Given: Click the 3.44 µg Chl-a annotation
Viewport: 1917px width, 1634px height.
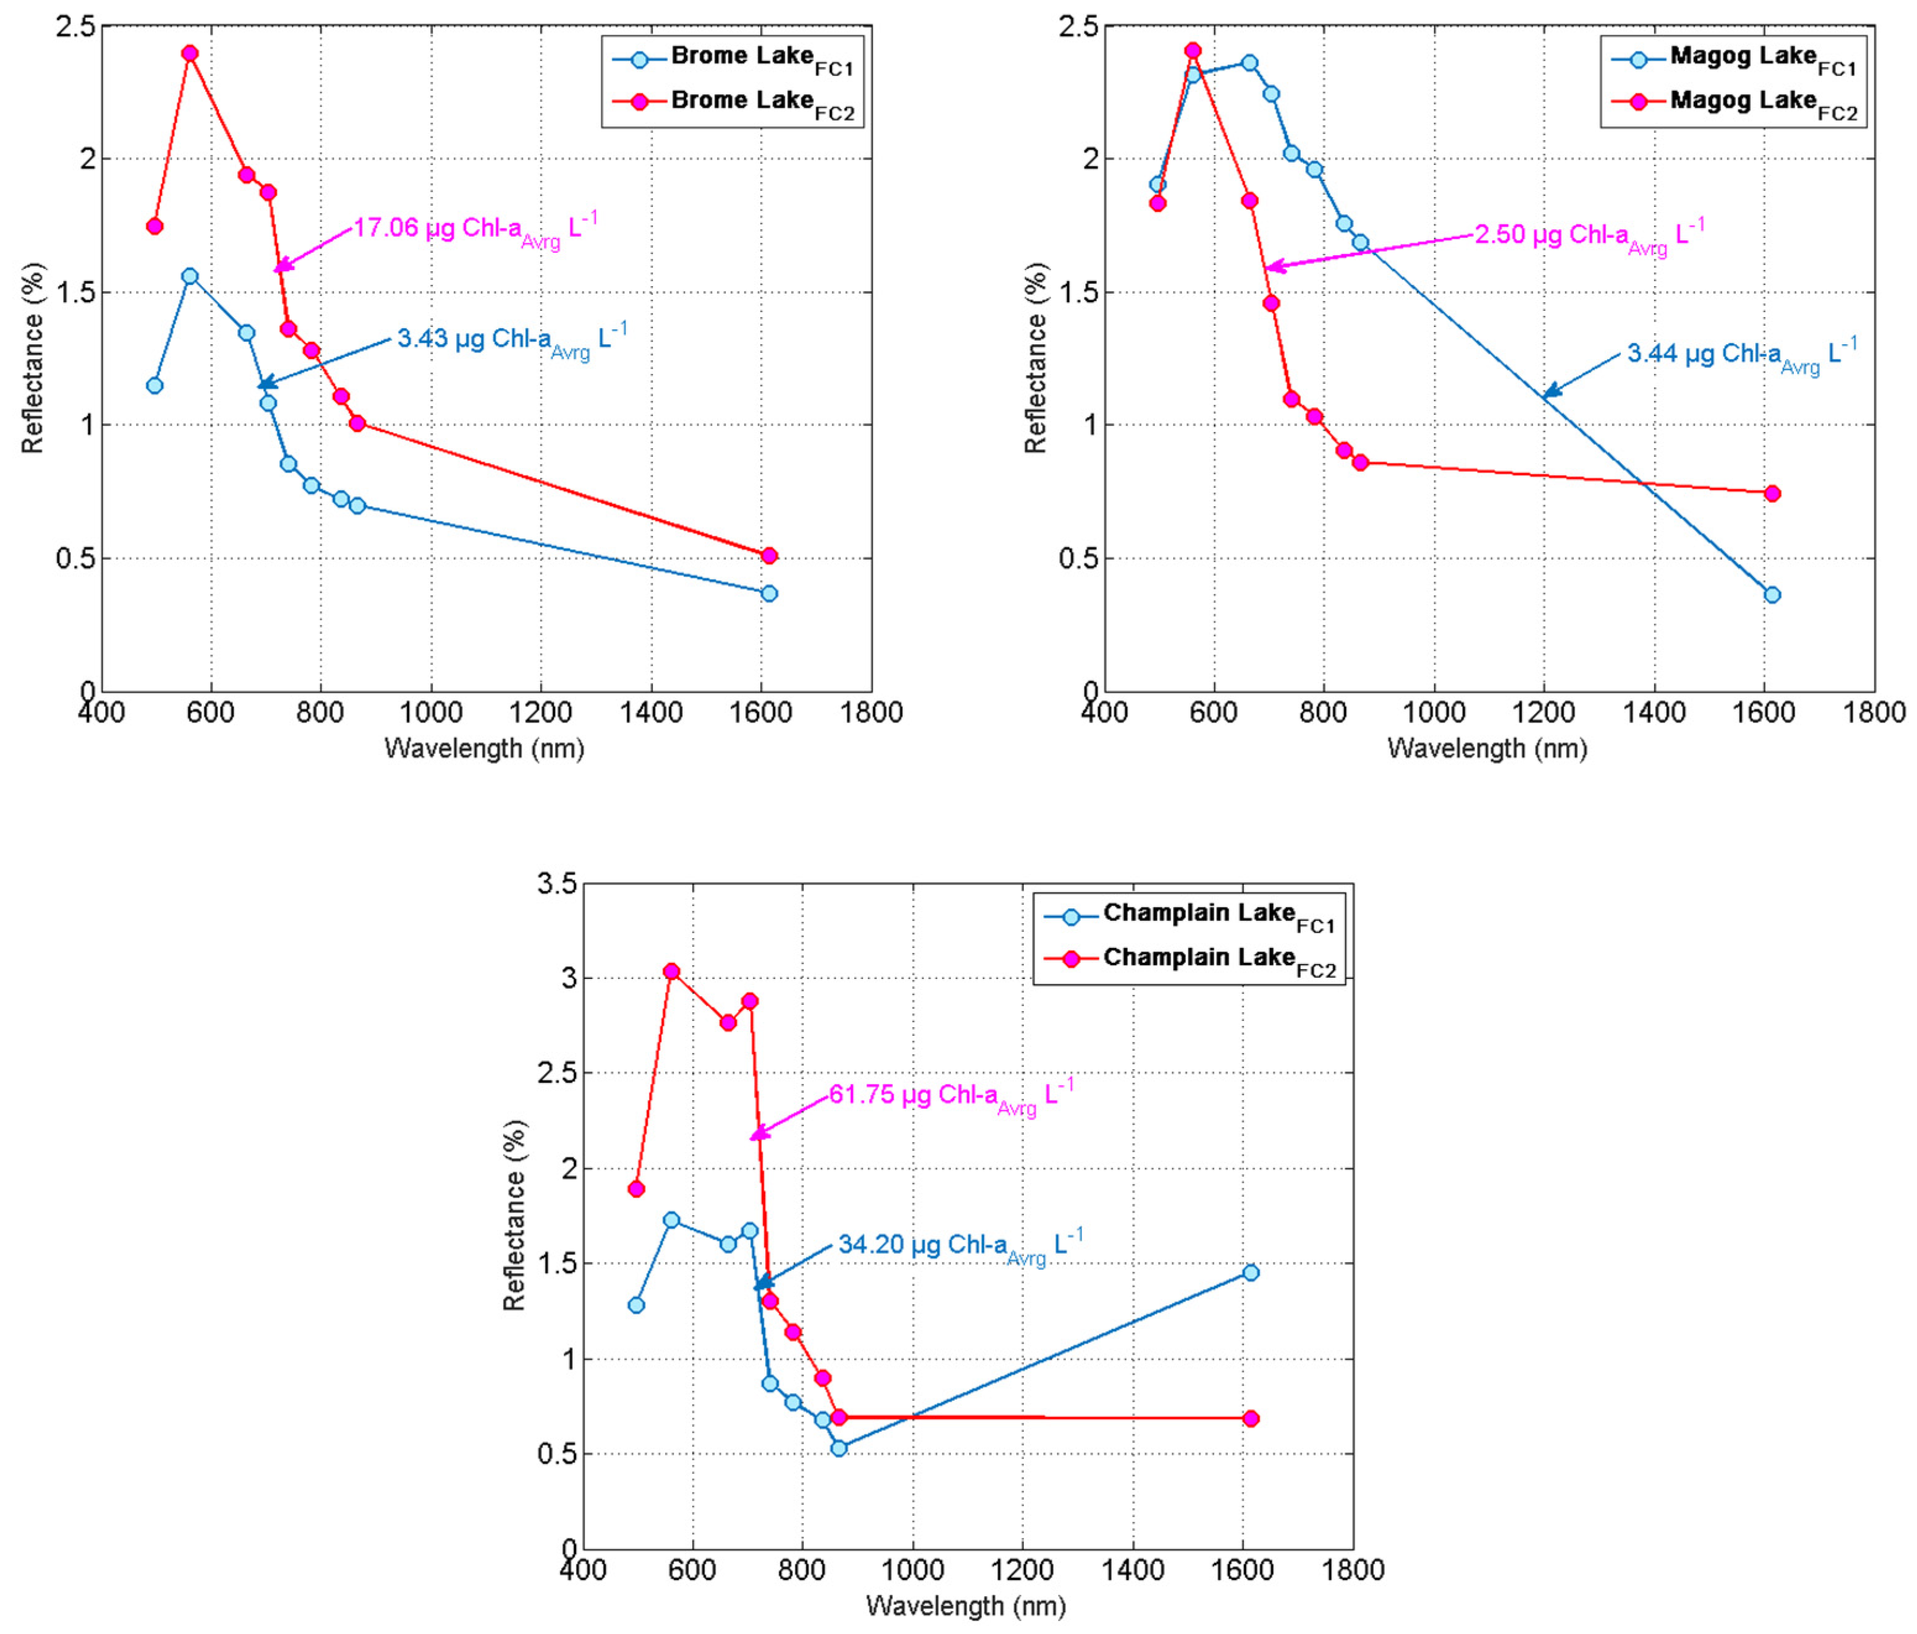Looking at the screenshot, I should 1740,354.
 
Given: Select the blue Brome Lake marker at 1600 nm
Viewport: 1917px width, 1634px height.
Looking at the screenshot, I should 769,593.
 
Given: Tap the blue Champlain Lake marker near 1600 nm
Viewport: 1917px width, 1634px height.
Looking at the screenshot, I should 1250,1272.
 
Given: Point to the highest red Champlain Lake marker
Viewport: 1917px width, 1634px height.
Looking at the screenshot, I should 672,971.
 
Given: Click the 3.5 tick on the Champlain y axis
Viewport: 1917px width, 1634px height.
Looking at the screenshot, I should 556,884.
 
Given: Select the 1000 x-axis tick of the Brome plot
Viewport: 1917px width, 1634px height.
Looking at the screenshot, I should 431,713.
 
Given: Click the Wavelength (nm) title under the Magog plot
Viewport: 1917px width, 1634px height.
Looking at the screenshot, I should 1487,748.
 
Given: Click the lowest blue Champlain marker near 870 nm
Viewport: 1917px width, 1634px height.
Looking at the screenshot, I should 838,1448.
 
